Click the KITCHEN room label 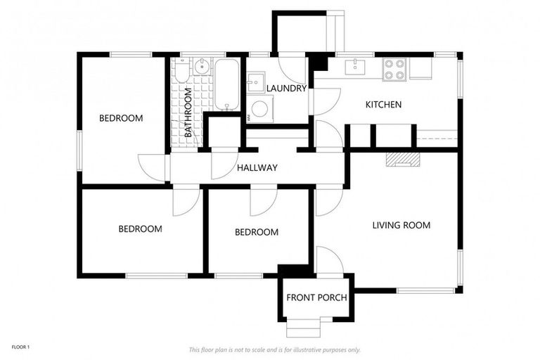click(383, 105)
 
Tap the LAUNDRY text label click(286, 89)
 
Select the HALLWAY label click(257, 168)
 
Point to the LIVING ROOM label click(401, 226)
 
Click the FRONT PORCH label click(316, 297)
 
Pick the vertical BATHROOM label click(188, 112)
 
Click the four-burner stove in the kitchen click(394, 69)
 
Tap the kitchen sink click(356, 66)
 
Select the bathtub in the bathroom click(226, 85)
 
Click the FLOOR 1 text click(20, 347)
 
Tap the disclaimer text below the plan click(275, 349)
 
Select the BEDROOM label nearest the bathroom click(120, 118)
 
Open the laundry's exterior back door click(292, 69)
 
